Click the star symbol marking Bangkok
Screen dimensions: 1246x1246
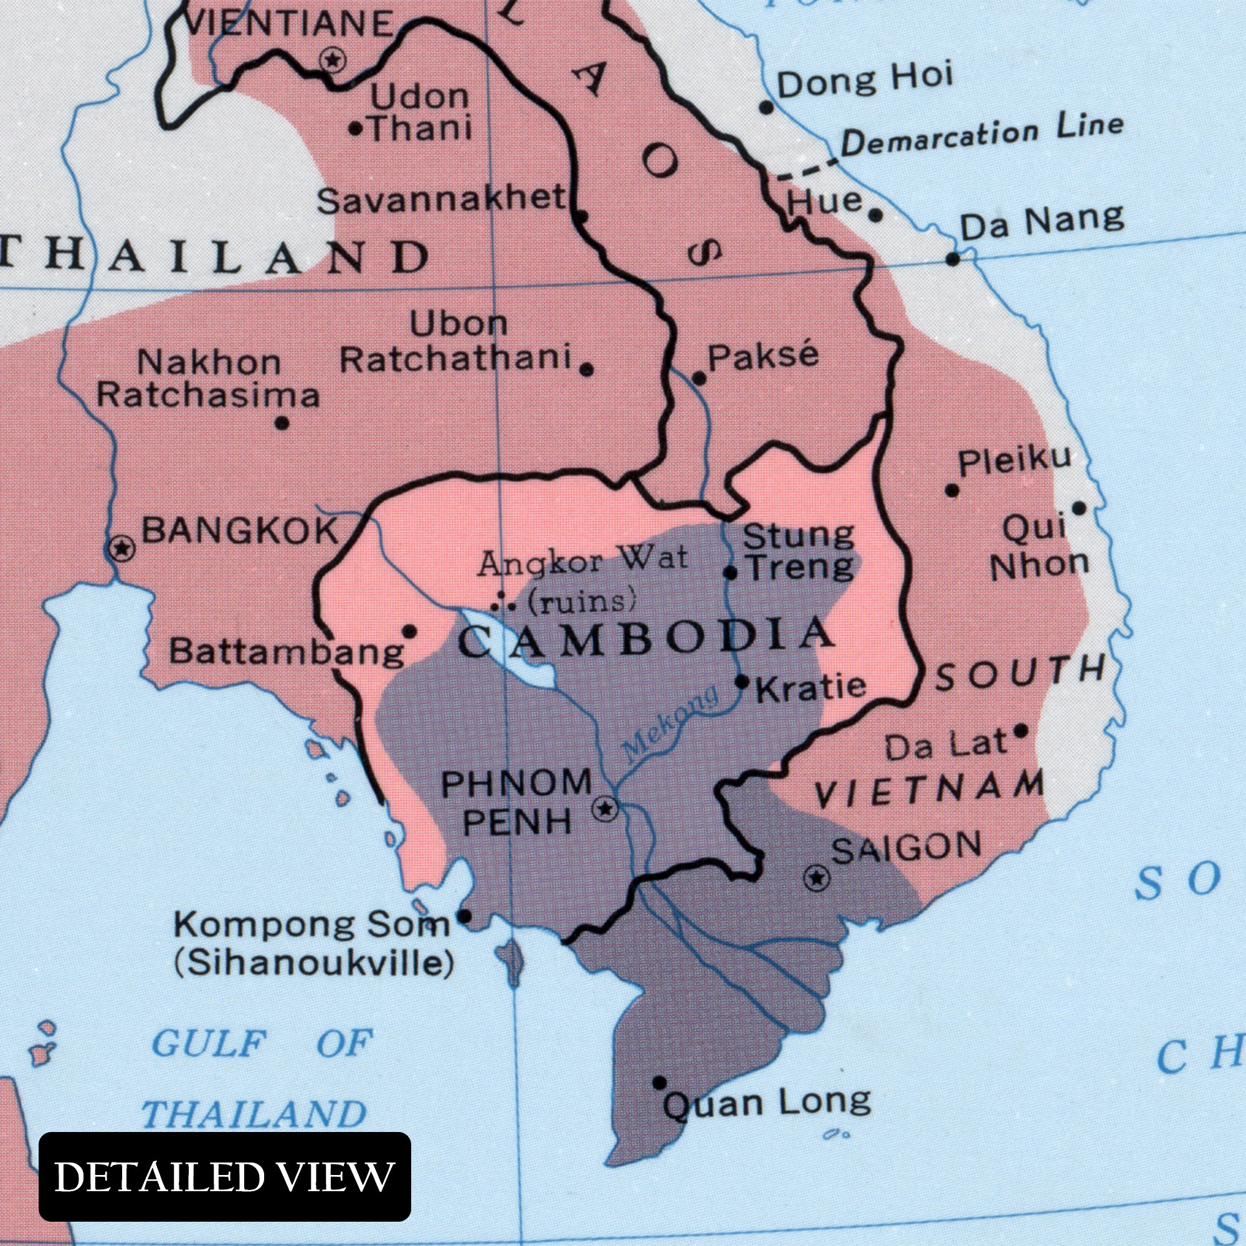pos(121,549)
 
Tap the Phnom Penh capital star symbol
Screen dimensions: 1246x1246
pos(605,808)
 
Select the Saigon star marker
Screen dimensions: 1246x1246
pos(817,878)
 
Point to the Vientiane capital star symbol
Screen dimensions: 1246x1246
pos(333,60)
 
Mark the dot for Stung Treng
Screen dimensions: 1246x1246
pos(731,572)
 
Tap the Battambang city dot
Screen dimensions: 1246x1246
pos(409,631)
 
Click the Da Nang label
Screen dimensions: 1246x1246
pos(1042,222)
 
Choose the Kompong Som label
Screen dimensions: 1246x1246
pos(311,926)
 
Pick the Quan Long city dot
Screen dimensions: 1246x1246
pos(659,1083)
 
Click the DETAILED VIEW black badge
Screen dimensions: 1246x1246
pos(224,1176)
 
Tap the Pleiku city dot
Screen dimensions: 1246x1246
pos(951,490)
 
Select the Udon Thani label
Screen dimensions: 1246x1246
pos(419,113)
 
